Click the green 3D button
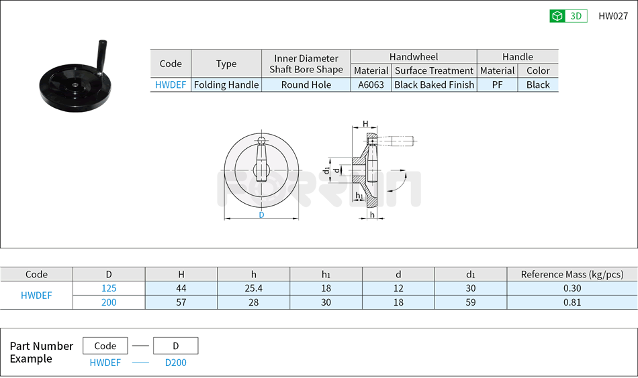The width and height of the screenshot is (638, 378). [568, 16]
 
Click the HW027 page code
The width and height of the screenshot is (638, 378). [612, 16]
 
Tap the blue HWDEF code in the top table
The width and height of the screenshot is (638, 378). [171, 85]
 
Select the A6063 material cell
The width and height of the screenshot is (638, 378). [371, 85]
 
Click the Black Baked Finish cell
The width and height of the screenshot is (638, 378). [434, 85]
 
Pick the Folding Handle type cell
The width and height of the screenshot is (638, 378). [226, 85]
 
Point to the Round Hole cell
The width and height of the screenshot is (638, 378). [306, 85]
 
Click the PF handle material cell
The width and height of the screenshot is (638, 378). [497, 85]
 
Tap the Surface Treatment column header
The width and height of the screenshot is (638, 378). [434, 70]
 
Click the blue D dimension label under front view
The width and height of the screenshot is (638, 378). [261, 215]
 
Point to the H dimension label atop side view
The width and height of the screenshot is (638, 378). [365, 124]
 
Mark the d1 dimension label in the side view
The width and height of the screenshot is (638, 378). [326, 171]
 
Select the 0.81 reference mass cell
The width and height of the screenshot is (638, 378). [572, 302]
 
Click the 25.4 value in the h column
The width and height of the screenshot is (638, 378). [253, 288]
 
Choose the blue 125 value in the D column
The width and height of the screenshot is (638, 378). [109, 288]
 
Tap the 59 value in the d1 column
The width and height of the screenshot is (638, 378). [470, 302]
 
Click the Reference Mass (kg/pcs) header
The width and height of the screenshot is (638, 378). [572, 274]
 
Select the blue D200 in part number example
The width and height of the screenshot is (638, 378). [176, 363]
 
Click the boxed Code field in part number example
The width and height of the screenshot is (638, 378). [105, 346]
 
